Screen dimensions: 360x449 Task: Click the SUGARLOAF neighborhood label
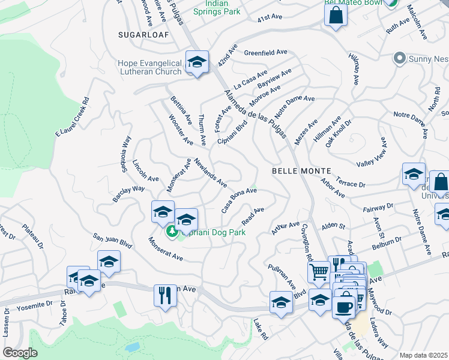(143, 35)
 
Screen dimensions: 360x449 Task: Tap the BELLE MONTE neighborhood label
(299, 171)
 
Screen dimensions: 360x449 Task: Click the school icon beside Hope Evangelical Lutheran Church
(196, 62)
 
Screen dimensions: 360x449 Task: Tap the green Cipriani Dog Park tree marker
(172, 231)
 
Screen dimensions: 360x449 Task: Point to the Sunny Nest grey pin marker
(399, 59)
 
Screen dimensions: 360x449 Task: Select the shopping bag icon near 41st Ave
(336, 14)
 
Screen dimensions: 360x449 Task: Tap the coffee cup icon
(344, 307)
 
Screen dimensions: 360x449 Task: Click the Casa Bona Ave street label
(239, 200)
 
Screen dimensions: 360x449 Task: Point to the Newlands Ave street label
(210, 172)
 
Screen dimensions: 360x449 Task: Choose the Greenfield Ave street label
(265, 52)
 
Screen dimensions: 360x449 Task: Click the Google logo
(20, 352)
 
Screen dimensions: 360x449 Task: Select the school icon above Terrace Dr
(414, 175)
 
